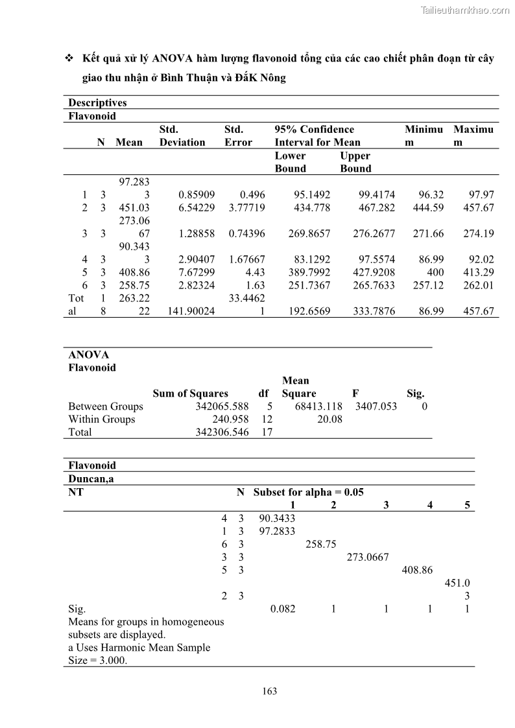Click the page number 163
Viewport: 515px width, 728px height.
270,691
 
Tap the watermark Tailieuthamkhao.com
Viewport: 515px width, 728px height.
465,10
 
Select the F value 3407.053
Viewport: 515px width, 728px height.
376,406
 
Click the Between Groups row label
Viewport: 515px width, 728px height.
106,406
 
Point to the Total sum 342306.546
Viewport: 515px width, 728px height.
222,432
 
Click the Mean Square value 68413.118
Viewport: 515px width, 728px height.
318,406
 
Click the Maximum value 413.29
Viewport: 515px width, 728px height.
479,272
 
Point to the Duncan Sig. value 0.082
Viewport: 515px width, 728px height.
282,609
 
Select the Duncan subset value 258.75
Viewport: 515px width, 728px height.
320,544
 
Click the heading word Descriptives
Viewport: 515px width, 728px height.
98,102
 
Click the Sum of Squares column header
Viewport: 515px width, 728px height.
190,393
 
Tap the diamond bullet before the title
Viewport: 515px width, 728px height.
69,59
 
